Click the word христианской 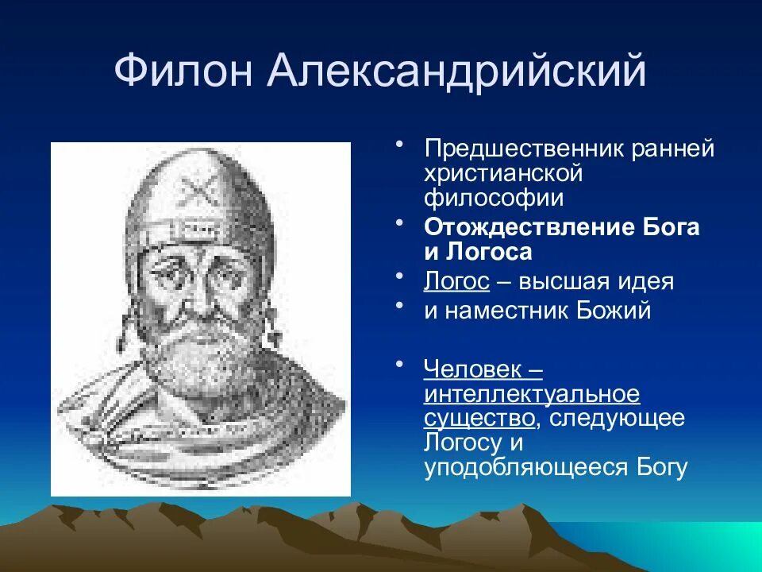tap(503, 172)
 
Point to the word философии tap(494, 197)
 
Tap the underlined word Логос tap(456, 281)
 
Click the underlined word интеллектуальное tap(532, 393)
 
